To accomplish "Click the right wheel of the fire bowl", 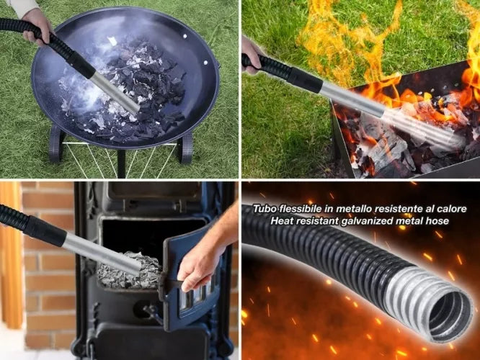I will coord(187,147).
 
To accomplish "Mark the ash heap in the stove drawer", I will coord(130,269).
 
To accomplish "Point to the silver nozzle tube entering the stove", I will coord(101,251).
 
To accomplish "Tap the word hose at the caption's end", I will coord(437,221).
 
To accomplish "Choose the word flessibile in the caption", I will coord(301,210).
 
